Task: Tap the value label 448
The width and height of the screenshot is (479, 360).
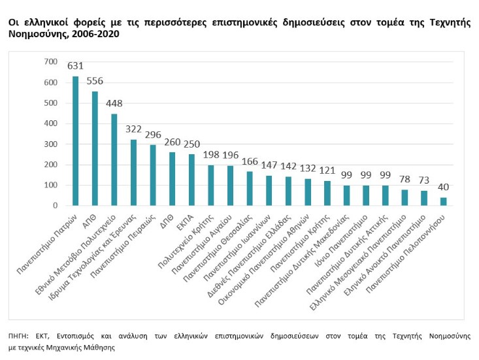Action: tap(114, 103)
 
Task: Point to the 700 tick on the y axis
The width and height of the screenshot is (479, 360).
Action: tap(51, 61)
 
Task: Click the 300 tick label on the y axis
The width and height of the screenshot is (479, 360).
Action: tap(51, 144)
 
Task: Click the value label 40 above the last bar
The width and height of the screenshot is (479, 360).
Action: tap(444, 187)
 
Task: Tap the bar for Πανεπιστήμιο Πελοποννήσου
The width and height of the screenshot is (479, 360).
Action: tap(444, 201)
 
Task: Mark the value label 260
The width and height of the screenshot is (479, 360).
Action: tap(173, 141)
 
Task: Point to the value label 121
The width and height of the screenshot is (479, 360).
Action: tap(327, 170)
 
